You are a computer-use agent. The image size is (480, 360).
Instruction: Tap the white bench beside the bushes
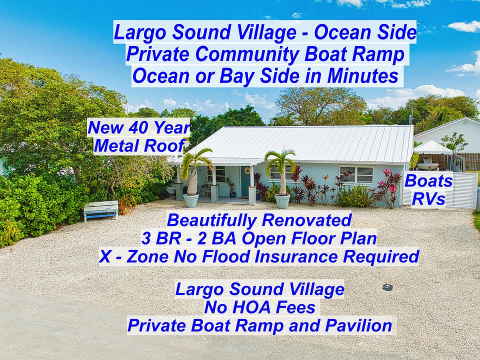[101, 210]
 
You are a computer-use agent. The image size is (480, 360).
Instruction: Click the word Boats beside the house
[428, 181]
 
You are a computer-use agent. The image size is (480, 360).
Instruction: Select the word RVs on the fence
[428, 199]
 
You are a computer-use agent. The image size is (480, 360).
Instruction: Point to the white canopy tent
[433, 147]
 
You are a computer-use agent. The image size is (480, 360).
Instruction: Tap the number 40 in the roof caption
[138, 127]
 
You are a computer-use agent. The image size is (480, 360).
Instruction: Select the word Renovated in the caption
[306, 220]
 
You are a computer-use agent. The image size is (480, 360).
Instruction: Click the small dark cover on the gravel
[387, 287]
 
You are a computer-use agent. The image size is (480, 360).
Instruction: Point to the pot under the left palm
[190, 201]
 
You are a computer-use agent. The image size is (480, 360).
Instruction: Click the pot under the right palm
[282, 201]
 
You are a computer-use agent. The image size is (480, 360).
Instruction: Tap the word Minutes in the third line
[363, 76]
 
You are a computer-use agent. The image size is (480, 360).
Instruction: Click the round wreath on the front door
[247, 170]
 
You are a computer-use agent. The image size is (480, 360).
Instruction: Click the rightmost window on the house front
[356, 175]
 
